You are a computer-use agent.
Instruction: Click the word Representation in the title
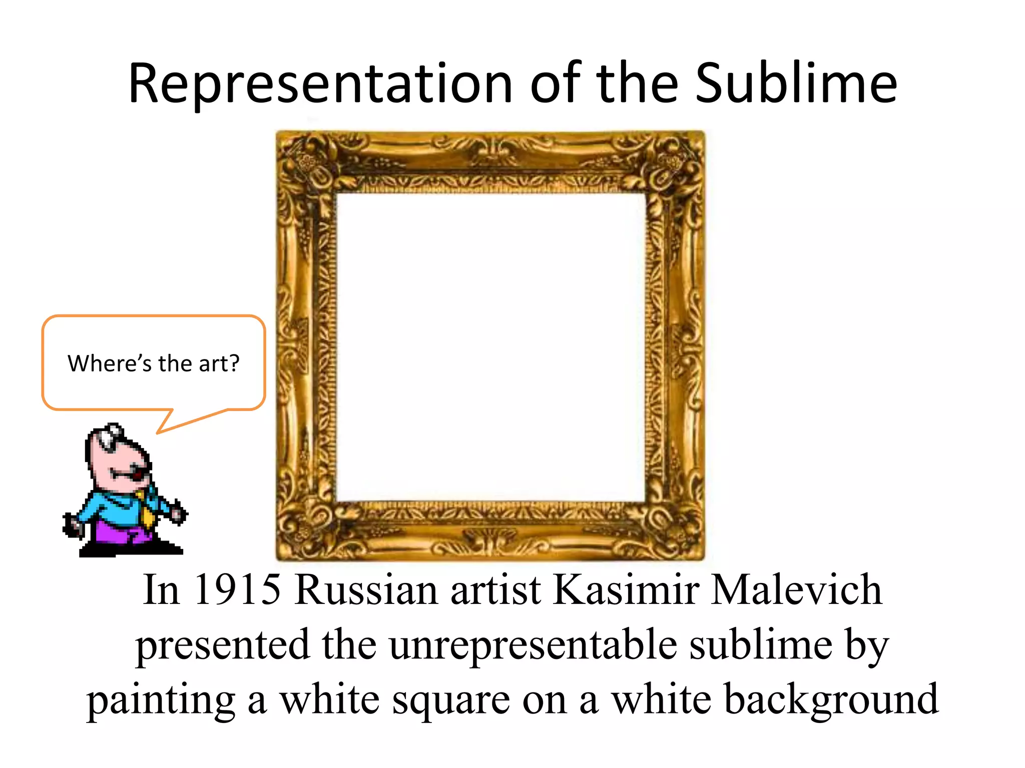[320, 84]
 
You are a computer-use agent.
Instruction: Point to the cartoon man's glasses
[111, 435]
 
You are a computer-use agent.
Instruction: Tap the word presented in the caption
[223, 645]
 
